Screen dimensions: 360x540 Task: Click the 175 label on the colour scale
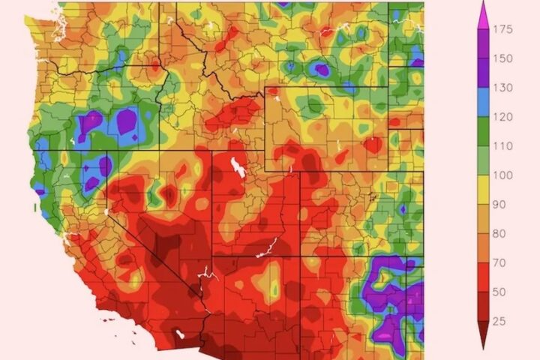point(503,30)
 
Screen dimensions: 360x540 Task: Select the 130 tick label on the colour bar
point(503,88)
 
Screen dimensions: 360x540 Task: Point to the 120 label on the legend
point(503,117)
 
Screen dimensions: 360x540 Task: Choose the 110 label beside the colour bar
point(503,146)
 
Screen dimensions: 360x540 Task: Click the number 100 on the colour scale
point(503,175)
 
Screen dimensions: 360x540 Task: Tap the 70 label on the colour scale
point(500,262)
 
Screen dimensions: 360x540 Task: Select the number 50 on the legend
point(500,291)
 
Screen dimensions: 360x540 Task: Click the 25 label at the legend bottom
point(500,320)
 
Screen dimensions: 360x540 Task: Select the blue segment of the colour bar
point(483,102)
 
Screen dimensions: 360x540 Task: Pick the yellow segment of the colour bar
point(483,189)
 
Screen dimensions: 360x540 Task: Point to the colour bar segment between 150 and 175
point(483,44)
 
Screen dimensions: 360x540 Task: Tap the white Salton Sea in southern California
point(179,330)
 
